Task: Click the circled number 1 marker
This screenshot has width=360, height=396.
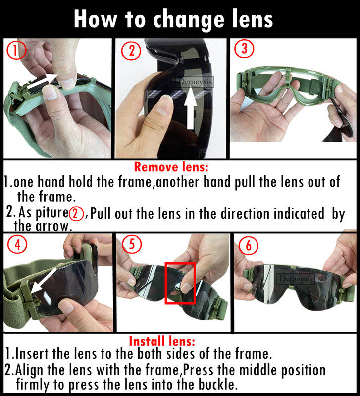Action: tap(16, 50)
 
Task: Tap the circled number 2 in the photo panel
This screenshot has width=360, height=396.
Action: tap(131, 50)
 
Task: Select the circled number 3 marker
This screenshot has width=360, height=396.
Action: tap(244, 48)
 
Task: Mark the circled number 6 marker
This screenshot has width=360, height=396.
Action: tap(249, 245)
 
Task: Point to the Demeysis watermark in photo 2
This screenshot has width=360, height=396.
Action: tap(196, 82)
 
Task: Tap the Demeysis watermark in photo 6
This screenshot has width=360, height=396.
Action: tap(296, 279)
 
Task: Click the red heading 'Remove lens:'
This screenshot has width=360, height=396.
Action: tap(171, 167)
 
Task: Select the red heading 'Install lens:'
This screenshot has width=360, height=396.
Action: tap(162, 341)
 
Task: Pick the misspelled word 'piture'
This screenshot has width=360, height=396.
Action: tap(52, 213)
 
